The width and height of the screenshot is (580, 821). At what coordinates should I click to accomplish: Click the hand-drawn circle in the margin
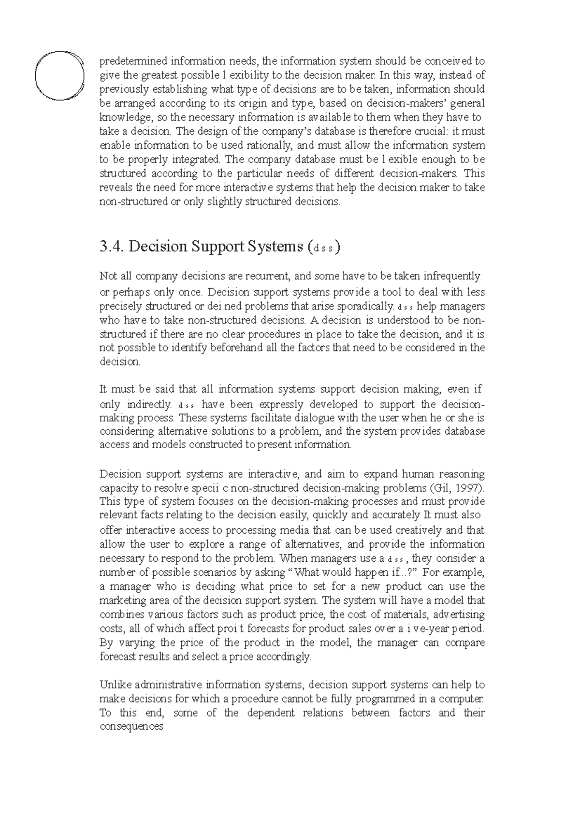pyautogui.click(x=60, y=75)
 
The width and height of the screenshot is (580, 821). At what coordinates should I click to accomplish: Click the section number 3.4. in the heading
pyautogui.click(x=112, y=247)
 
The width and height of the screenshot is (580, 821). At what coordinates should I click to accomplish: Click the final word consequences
pyautogui.click(x=131, y=727)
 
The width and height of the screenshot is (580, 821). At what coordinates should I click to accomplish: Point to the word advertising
pyautogui.click(x=459, y=615)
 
